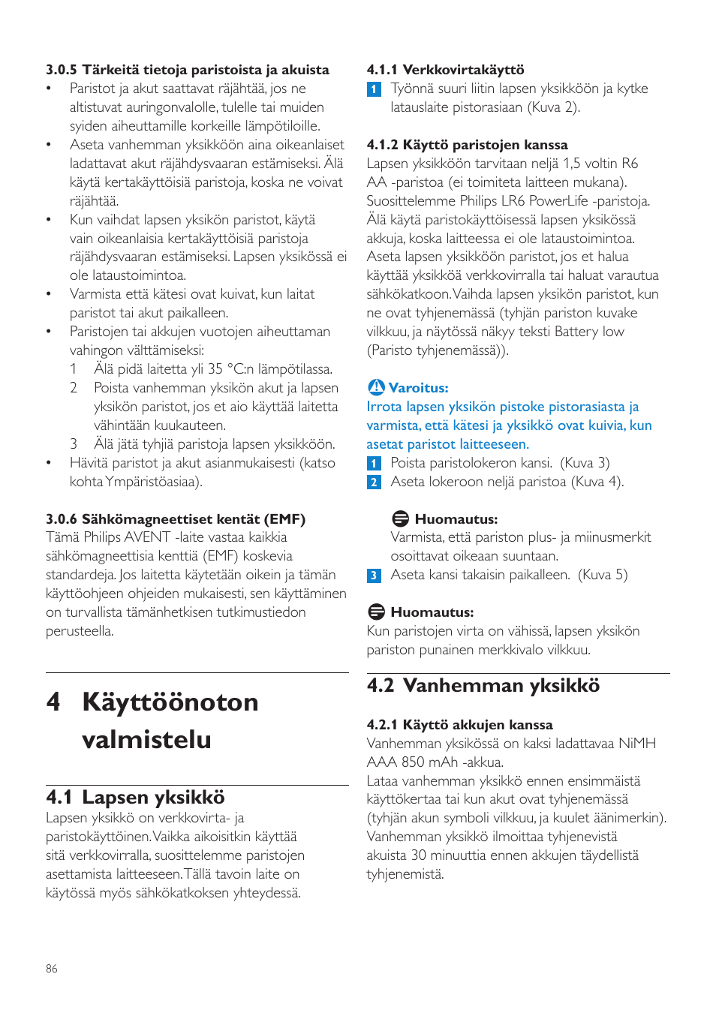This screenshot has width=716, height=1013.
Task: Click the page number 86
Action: coord(51,969)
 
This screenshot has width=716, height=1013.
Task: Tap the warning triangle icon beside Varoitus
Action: coord(376,387)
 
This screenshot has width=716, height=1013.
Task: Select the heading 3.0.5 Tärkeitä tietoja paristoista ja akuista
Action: coord(187,70)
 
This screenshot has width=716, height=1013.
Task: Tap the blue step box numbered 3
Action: coord(374,576)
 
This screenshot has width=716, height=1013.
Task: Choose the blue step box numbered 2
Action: coord(374,482)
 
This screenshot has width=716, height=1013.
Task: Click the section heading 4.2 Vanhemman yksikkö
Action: coord(483,686)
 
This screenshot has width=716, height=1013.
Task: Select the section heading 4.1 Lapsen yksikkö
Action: coord(135,797)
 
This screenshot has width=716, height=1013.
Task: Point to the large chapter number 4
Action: coord(53,702)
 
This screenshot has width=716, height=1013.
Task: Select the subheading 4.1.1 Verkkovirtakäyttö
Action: coord(445,70)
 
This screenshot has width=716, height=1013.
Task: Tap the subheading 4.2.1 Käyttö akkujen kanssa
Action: coord(459,725)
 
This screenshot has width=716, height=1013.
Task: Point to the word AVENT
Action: coord(147,537)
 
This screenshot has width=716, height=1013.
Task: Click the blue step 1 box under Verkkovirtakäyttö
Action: coord(374,89)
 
